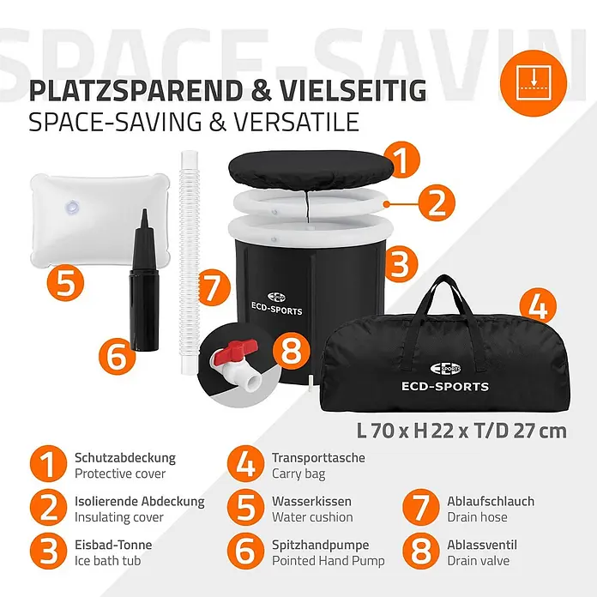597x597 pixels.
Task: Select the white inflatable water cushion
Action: click(99, 220)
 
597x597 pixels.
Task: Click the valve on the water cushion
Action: click(72, 207)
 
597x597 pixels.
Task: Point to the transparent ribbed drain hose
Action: click(190, 262)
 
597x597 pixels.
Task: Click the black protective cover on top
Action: click(308, 170)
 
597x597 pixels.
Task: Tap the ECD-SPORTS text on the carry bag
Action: click(445, 387)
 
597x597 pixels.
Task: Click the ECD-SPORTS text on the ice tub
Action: click(277, 309)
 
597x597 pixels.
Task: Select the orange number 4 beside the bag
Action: click(538, 307)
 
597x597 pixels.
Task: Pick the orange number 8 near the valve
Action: click(292, 351)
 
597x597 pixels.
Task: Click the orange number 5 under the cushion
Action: click(65, 283)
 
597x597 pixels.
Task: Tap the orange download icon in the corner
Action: click(534, 83)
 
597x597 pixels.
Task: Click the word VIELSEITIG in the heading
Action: click(353, 90)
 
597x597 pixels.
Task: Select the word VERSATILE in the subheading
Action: click(296, 122)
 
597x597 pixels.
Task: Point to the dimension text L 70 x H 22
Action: click(404, 431)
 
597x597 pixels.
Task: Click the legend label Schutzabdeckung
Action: click(125, 458)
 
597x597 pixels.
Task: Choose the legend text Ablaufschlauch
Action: click(491, 501)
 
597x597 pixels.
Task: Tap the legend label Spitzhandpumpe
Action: click(320, 546)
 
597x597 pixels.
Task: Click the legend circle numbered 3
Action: click(48, 552)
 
